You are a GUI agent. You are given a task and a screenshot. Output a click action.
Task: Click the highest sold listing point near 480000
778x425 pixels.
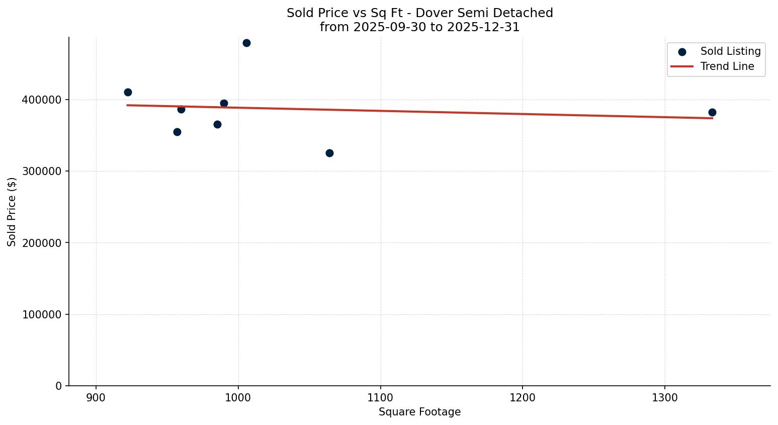[246, 43]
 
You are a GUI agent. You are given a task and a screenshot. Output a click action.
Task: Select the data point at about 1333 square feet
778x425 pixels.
[712, 112]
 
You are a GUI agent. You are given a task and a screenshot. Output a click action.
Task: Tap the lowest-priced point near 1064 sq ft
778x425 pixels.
[329, 153]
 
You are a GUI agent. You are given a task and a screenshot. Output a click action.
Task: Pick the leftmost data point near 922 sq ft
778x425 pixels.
[128, 92]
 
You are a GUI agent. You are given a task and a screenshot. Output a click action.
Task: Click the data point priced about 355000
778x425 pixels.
[177, 132]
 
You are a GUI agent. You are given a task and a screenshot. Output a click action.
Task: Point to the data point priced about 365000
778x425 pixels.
[217, 124]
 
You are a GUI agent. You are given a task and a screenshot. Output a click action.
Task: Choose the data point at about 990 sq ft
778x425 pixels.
[224, 103]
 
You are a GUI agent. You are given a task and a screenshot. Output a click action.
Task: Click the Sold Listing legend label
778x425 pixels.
[730, 51]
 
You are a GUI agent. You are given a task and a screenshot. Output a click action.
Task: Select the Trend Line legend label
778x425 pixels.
[727, 66]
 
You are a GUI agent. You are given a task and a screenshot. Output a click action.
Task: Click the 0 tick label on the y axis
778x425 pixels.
[59, 386]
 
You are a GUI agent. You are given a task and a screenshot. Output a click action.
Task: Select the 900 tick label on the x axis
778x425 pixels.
[96, 397]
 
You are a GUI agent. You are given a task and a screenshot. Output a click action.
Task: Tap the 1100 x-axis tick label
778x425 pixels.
[380, 397]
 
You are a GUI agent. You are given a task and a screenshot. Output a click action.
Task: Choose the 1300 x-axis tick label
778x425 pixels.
[664, 397]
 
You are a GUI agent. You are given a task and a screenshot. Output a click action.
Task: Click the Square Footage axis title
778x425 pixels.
[419, 412]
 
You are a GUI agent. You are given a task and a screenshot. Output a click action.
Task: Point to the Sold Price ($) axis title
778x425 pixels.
[12, 212]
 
